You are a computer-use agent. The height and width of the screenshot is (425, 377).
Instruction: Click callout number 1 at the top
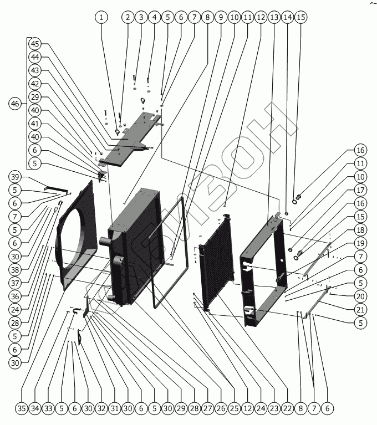point(101,17)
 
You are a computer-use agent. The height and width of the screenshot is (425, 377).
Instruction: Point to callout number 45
point(35,43)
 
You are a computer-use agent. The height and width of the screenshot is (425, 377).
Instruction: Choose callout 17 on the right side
point(361,190)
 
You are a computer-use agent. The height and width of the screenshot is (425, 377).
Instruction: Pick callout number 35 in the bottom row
point(21,409)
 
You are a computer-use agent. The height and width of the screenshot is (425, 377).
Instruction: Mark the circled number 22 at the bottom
point(287,409)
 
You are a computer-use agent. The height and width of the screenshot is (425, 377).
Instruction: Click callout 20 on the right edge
point(361,296)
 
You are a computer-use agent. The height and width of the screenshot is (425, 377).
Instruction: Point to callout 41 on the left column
point(35,123)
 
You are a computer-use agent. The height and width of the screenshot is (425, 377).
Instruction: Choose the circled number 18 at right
point(361,229)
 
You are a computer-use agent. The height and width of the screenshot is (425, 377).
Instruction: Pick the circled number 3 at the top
point(141,17)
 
